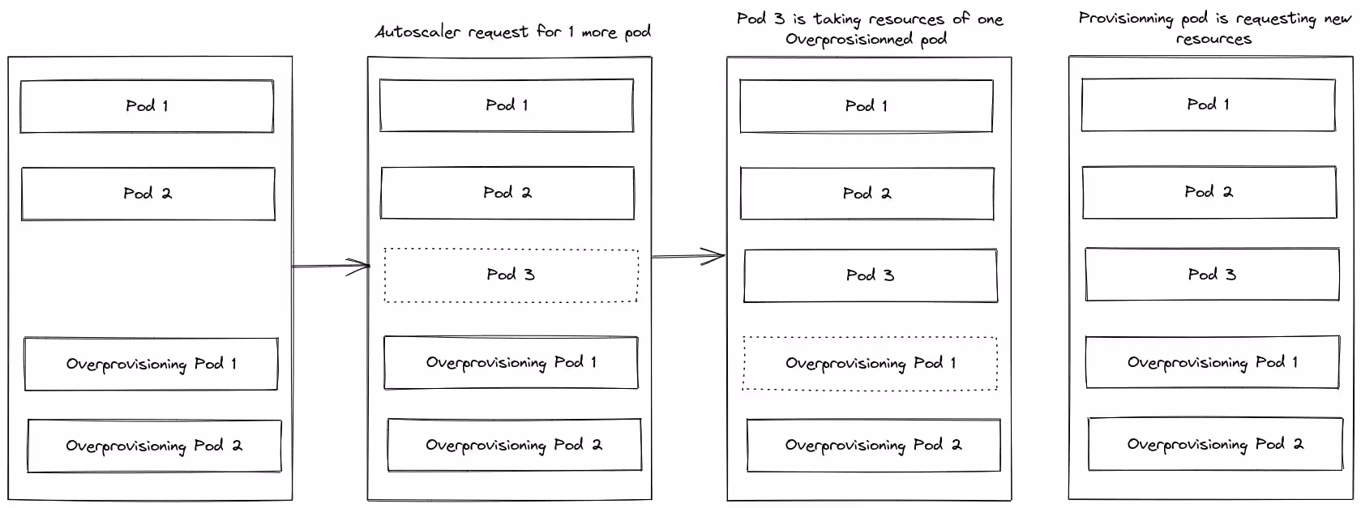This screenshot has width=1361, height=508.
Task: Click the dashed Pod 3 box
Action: click(x=511, y=275)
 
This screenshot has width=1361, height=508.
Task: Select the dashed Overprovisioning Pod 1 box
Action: click(x=870, y=364)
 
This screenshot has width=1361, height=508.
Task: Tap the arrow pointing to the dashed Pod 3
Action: click(x=331, y=266)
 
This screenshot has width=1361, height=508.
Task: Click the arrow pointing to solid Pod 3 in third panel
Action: click(x=689, y=257)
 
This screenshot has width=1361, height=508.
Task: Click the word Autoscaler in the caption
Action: click(x=413, y=32)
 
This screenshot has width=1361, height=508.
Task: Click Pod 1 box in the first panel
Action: click(x=147, y=106)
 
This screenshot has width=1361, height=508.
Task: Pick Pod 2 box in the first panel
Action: click(x=148, y=194)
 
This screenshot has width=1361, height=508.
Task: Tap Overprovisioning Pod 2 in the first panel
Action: click(x=154, y=446)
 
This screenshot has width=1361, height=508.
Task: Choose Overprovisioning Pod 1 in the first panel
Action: click(x=151, y=364)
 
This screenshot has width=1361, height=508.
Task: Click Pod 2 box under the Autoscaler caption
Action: click(x=507, y=193)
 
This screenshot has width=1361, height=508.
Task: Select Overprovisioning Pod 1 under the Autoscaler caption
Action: click(x=511, y=363)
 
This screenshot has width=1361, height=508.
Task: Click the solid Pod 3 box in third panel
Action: click(x=870, y=275)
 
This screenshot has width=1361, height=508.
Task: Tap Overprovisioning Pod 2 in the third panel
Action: click(x=873, y=445)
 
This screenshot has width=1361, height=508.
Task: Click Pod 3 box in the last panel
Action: click(x=1212, y=275)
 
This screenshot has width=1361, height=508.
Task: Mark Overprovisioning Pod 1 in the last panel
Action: click(x=1212, y=362)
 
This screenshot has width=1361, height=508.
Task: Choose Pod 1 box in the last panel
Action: click(x=1208, y=105)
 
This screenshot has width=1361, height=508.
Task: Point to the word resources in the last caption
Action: click(x=1213, y=39)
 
